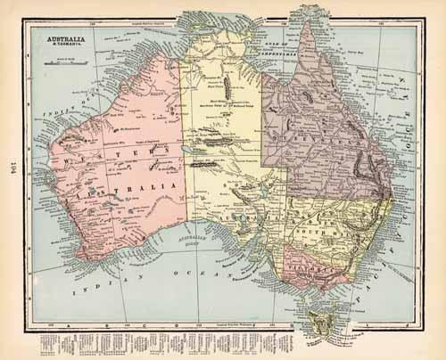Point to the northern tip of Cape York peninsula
306,19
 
